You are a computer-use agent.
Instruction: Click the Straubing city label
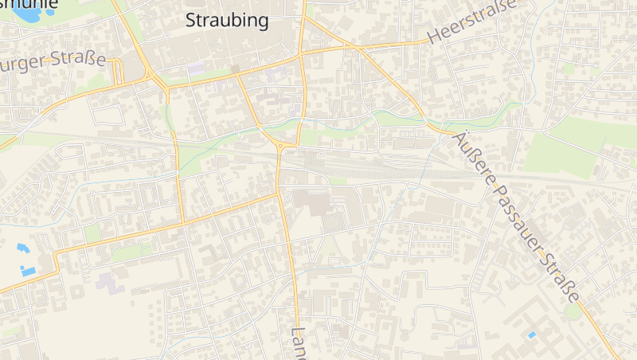pyautogui.click(x=227, y=21)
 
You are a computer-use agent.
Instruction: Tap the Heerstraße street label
pyautogui.click(x=472, y=22)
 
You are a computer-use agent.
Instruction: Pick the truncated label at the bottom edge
pyautogui.click(x=299, y=342)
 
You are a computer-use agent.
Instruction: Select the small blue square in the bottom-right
pyautogui.click(x=532, y=335)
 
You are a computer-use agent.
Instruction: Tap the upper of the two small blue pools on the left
pyautogui.click(x=22, y=248)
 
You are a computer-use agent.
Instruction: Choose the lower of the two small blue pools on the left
pyautogui.click(x=29, y=272)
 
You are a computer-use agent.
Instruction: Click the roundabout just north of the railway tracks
pyautogui.click(x=282, y=146)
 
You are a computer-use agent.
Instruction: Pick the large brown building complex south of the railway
pyautogui.click(x=315, y=203)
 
